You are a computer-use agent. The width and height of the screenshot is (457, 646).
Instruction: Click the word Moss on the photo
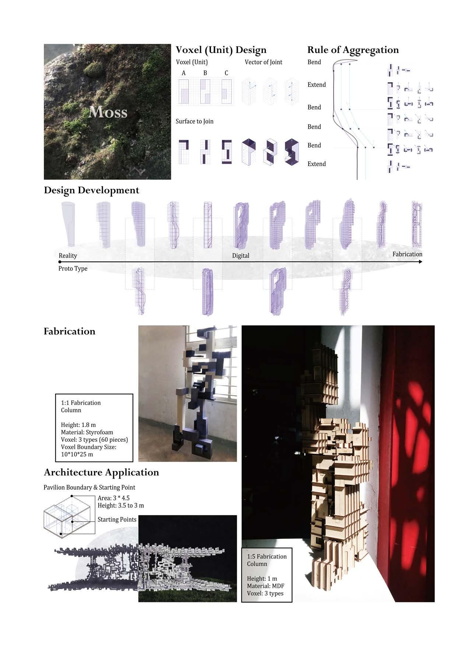pyautogui.click(x=108, y=112)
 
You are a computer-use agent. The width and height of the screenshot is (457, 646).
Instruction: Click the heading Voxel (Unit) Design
pyautogui.click(x=221, y=50)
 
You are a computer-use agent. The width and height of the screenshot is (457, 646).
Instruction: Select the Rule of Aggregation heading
pyautogui.click(x=353, y=50)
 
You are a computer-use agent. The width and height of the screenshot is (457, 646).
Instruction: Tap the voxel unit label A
pyautogui.click(x=184, y=73)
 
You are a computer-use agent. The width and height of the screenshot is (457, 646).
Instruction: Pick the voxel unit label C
pyautogui.click(x=226, y=73)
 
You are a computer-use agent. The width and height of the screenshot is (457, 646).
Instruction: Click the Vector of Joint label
pyautogui.click(x=263, y=62)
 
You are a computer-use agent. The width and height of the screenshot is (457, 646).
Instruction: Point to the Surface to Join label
pyautogui.click(x=194, y=121)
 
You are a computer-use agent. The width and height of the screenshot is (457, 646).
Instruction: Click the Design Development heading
pyautogui.click(x=91, y=190)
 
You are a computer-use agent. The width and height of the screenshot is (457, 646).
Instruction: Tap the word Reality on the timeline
pyautogui.click(x=68, y=255)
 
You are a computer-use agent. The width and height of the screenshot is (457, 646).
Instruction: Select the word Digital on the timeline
pyautogui.click(x=240, y=255)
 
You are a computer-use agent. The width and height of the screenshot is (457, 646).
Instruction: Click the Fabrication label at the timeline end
pyautogui.click(x=407, y=254)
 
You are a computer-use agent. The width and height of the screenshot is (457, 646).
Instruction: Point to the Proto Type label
pyautogui.click(x=73, y=268)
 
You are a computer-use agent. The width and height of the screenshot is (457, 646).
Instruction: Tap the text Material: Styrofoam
pyautogui.click(x=87, y=432)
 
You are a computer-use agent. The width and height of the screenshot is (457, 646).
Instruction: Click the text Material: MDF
pyautogui.click(x=266, y=586)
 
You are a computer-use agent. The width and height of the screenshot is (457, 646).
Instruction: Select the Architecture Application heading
pyautogui.click(x=101, y=472)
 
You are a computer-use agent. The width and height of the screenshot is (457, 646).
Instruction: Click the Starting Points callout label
pyautogui.click(x=117, y=519)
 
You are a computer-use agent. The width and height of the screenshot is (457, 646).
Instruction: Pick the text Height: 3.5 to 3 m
pyautogui.click(x=121, y=505)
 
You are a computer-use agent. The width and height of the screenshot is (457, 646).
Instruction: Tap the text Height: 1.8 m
pyautogui.click(x=78, y=425)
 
